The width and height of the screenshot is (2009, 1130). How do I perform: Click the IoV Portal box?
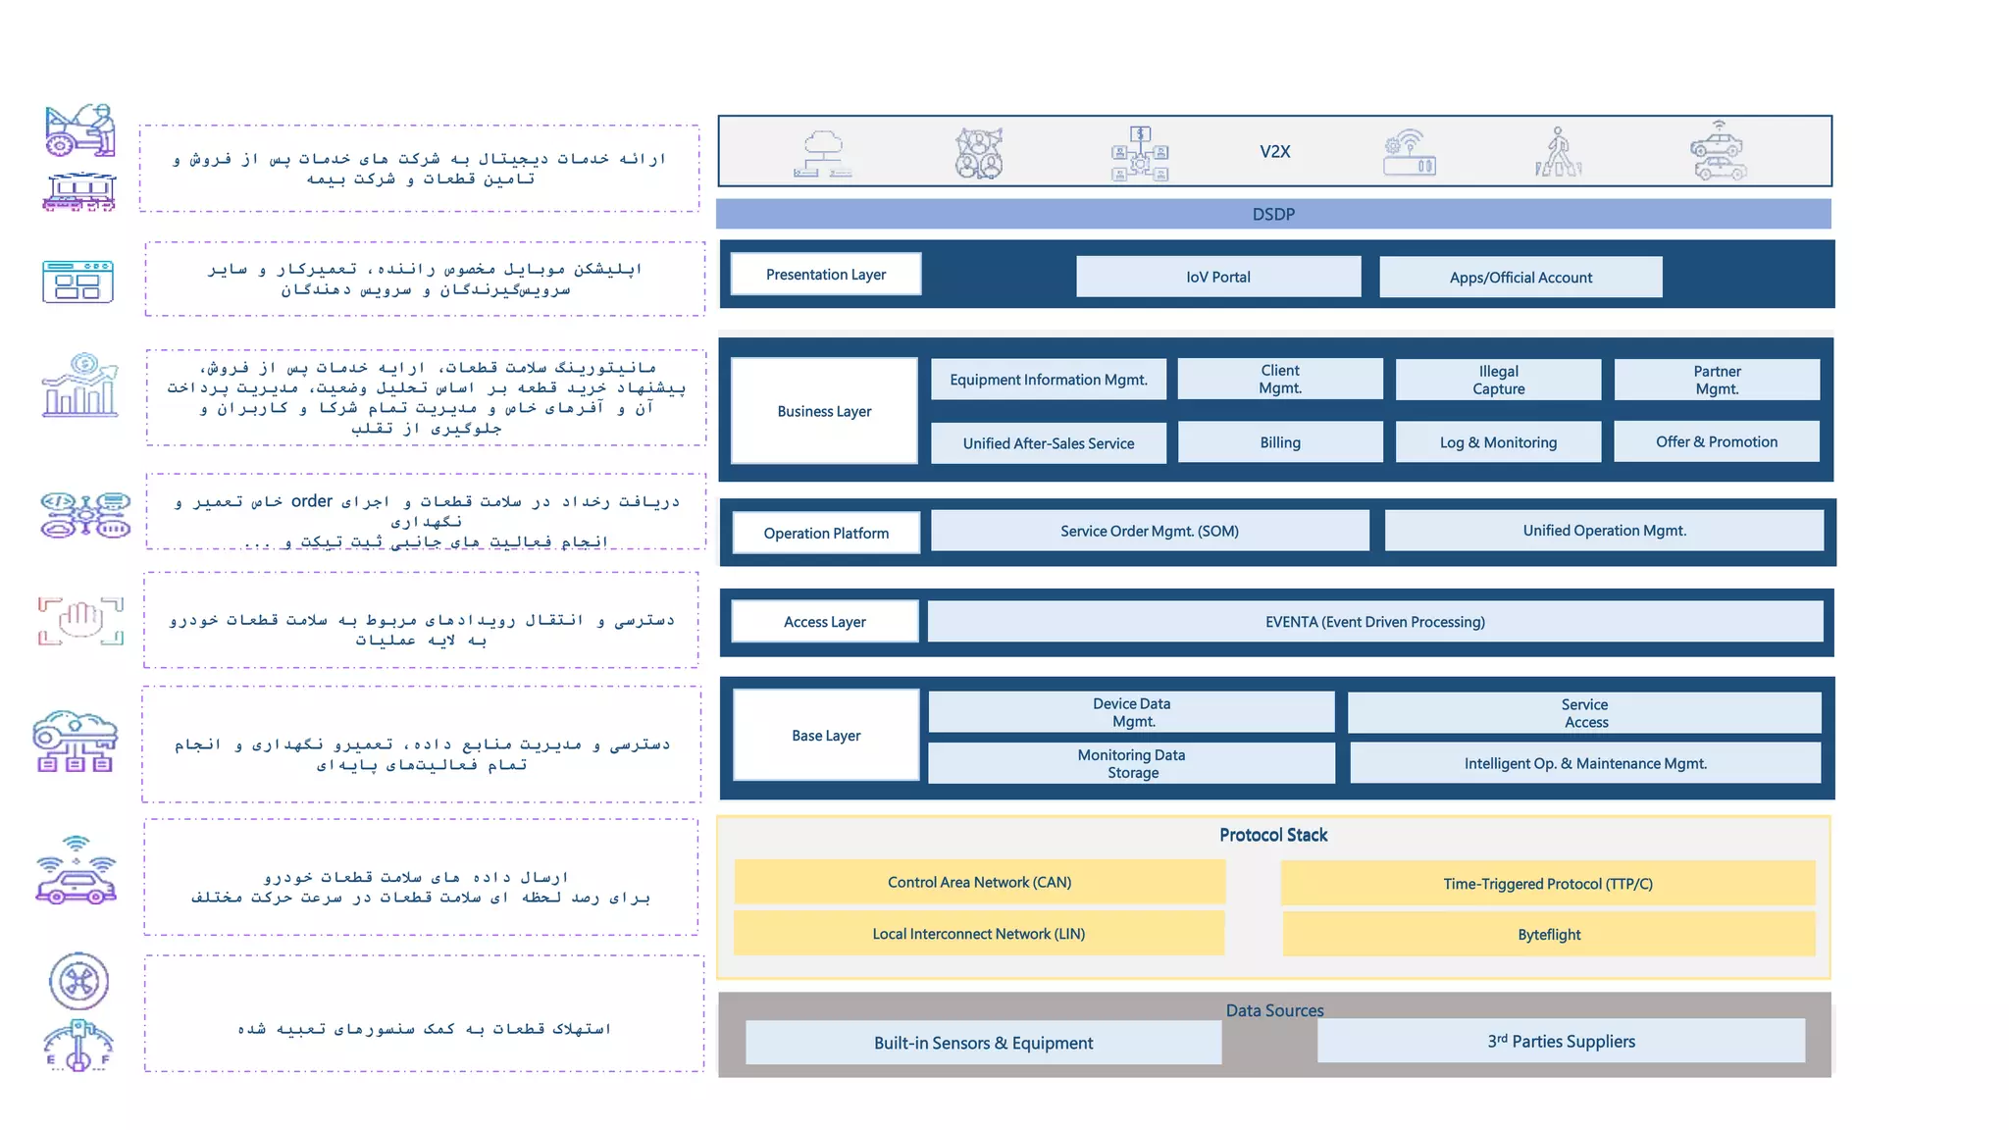(1217, 277)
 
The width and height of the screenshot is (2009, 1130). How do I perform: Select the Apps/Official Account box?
(1520, 278)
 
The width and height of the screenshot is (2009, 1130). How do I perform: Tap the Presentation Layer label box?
(825, 275)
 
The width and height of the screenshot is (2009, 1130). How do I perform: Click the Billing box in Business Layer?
(1279, 442)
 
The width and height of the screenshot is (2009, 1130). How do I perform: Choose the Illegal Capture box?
(1497, 380)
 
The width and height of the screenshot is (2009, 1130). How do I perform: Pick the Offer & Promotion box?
(1716, 441)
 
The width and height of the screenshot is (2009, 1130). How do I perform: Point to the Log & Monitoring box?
(1497, 442)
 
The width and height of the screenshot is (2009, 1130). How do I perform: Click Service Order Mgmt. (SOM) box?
(1149, 531)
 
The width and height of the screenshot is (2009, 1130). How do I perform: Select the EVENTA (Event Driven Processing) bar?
(1374, 622)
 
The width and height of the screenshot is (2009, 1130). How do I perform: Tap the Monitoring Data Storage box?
(1131, 763)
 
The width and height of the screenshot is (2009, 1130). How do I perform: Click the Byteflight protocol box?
(1548, 934)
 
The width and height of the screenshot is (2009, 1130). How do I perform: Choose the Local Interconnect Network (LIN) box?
(978, 934)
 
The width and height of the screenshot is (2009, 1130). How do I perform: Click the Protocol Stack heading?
(1272, 835)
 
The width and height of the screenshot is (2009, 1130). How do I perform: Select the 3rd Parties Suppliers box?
(1560, 1041)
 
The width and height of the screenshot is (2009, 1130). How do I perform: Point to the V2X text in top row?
(1274, 152)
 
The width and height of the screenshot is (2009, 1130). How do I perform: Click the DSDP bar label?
(1272, 214)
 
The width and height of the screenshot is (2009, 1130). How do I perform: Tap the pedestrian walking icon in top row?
(1558, 152)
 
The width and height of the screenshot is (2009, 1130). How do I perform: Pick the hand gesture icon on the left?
(81, 620)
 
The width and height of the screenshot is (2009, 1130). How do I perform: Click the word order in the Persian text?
(311, 501)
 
